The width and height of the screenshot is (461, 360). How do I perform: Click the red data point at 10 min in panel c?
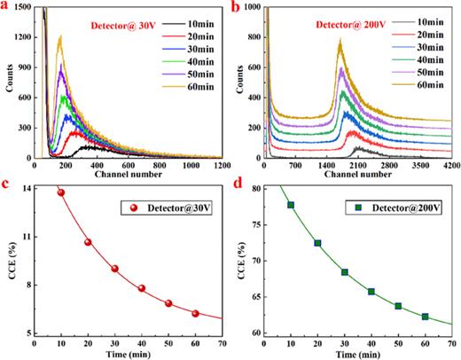[60, 192]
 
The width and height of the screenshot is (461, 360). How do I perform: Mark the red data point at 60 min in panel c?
[195, 313]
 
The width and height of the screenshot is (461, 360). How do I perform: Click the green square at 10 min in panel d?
[290, 205]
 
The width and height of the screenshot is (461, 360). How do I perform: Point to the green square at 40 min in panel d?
[371, 292]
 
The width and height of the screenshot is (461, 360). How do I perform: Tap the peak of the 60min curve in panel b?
[340, 40]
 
